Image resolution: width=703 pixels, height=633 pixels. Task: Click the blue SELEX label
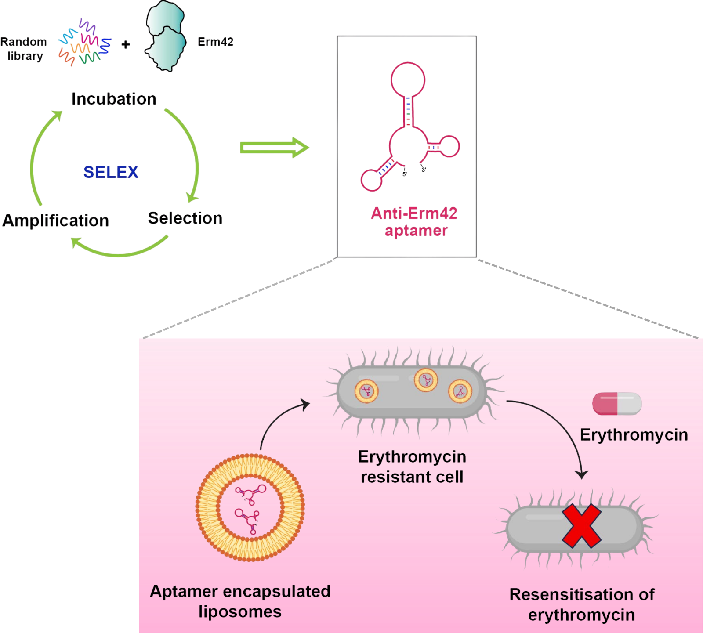111,172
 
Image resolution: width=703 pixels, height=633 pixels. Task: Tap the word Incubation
114,99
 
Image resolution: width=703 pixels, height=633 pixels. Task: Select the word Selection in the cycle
185,218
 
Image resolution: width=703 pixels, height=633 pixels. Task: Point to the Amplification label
55,220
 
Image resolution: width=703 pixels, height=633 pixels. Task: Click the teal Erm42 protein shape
165,37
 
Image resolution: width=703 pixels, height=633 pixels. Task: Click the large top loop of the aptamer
408,80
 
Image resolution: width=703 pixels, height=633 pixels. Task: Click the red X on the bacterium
581,526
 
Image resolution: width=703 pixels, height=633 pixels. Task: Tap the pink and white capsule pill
617,404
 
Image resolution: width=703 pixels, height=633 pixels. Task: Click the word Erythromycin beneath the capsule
634,435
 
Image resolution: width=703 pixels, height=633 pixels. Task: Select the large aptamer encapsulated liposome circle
250,507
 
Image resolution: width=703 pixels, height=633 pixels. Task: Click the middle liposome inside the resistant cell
426,380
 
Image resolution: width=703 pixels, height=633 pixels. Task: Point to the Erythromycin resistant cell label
412,467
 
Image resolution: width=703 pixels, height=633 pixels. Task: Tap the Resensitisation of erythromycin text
581,604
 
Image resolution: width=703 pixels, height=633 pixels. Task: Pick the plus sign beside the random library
125,44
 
